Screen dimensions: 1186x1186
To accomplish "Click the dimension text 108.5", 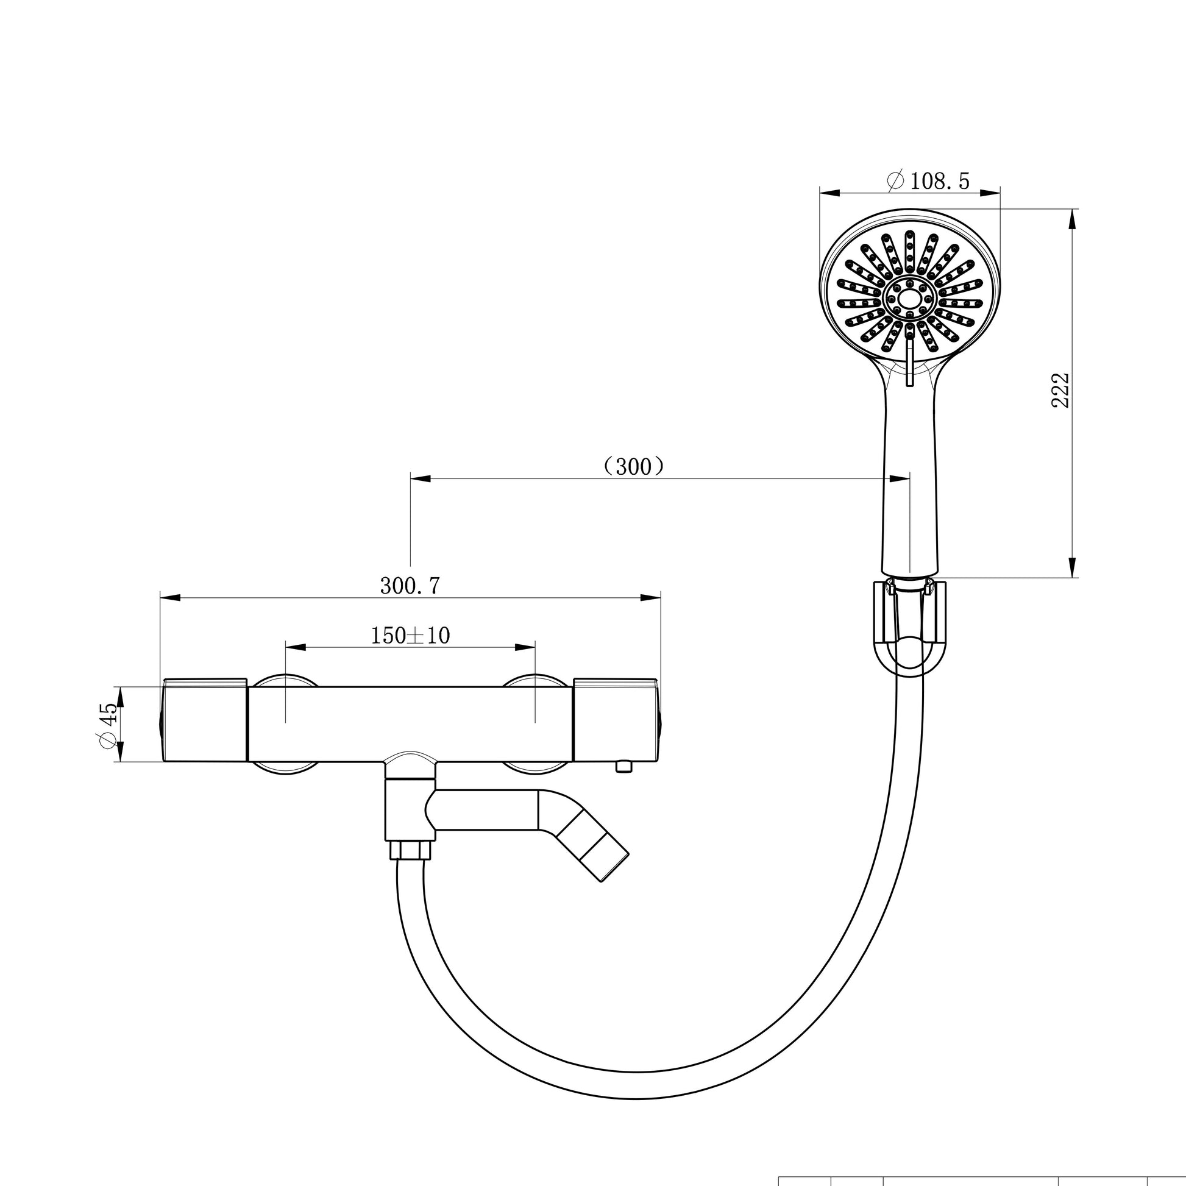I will [x=939, y=181].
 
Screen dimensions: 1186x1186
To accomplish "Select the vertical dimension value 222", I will [x=1061, y=390].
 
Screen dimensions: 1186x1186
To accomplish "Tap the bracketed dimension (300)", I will [x=633, y=467].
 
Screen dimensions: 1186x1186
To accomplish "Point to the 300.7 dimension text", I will [x=410, y=586].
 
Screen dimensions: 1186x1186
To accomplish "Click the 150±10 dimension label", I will [x=410, y=635].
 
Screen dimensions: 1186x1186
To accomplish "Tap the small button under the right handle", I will [x=623, y=766].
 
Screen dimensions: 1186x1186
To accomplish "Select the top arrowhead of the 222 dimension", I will [x=1073, y=219].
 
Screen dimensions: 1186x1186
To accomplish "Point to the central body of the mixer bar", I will [x=410, y=725].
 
